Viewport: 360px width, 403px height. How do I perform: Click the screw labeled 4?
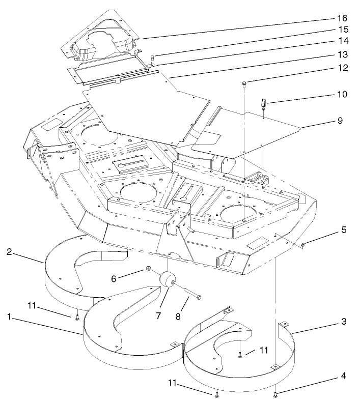click(275, 394)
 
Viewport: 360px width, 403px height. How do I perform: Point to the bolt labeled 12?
click(245, 83)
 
